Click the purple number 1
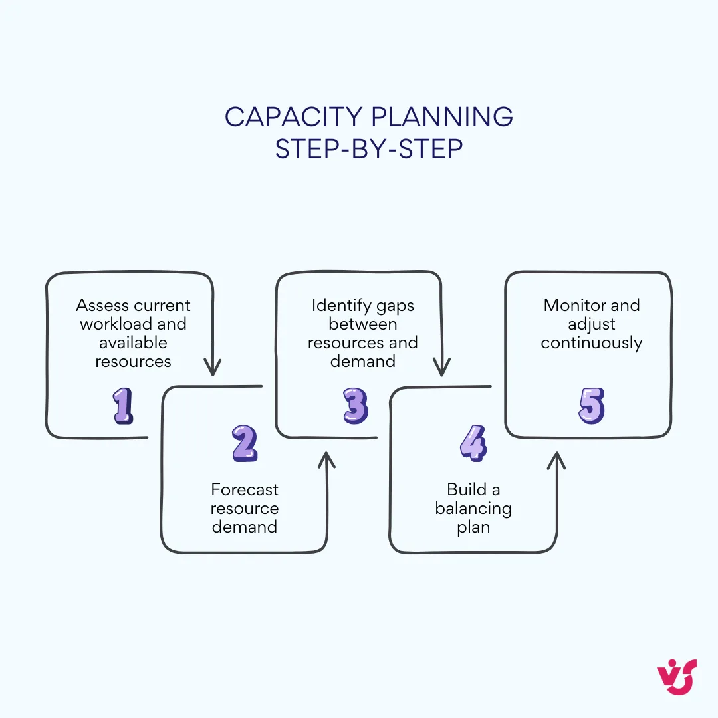coord(123,406)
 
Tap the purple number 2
coord(245,444)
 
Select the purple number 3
coord(355,406)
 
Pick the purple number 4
coord(473,444)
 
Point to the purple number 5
coord(591,406)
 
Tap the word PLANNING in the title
coord(442,117)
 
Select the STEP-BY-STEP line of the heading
coord(369,149)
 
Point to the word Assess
coord(103,305)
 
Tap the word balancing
coord(473,509)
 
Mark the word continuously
coord(591,343)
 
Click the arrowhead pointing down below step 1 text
coord(212,368)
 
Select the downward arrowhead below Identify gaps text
coord(441,368)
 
